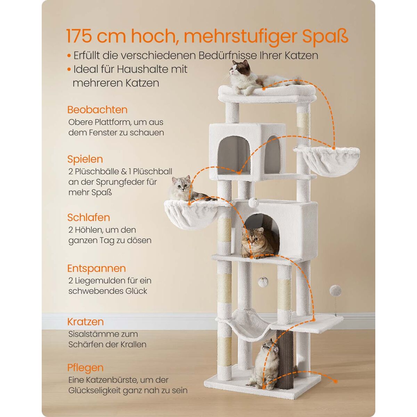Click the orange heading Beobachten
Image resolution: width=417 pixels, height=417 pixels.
(x=97, y=110)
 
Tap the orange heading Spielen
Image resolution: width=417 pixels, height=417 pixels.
(x=85, y=159)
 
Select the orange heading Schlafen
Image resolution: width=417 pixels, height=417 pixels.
(x=89, y=217)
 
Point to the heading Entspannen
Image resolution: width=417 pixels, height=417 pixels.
(x=97, y=269)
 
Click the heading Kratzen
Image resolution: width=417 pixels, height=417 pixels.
(x=85, y=322)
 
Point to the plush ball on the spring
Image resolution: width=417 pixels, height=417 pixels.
(x=335, y=291)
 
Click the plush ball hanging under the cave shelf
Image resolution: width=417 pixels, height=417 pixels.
(x=263, y=282)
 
